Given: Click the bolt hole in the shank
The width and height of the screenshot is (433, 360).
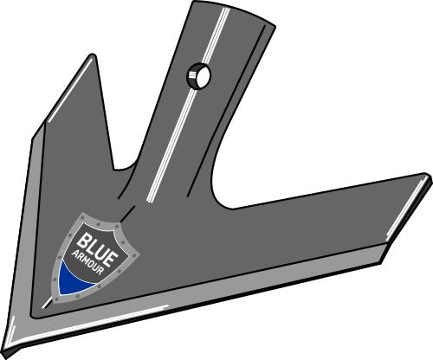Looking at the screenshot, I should (198, 78).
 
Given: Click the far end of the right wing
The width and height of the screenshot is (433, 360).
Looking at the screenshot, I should (425, 181).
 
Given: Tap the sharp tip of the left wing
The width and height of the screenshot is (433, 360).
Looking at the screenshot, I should (90, 57).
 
